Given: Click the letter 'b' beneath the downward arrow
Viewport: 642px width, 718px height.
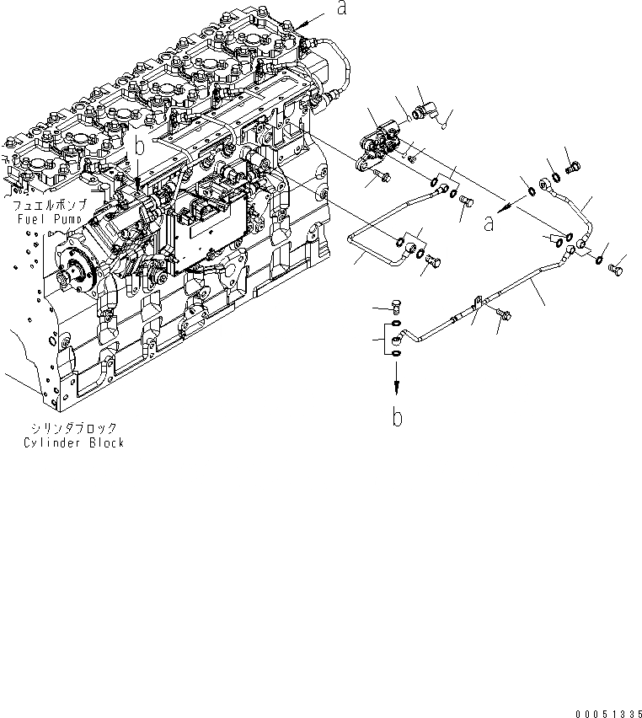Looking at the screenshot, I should click(397, 416).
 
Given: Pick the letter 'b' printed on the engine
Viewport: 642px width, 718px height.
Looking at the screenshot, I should click(141, 146).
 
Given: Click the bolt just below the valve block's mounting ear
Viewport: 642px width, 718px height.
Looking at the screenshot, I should click(379, 176).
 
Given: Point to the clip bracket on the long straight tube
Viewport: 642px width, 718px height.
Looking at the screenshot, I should click(476, 301).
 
